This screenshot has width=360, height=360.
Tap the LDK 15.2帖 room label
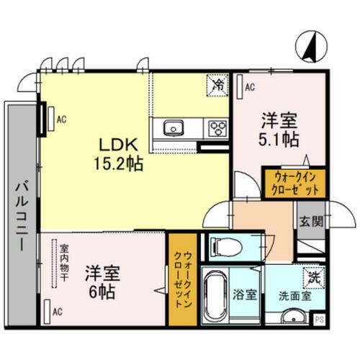click(x=120, y=153)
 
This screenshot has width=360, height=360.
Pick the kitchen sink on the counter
click(x=174, y=129)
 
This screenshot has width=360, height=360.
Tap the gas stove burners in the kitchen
click(x=216, y=129)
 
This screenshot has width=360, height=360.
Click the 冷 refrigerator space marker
click(x=217, y=84)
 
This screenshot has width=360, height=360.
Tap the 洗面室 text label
click(x=294, y=294)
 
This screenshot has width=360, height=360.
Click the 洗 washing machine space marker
click(x=315, y=275)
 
